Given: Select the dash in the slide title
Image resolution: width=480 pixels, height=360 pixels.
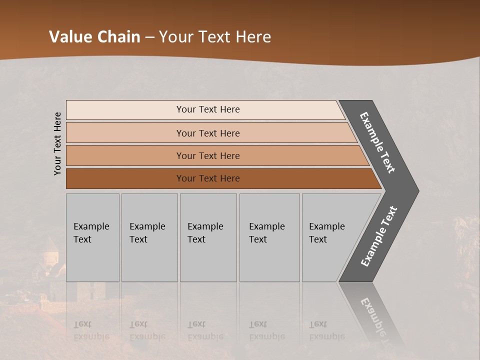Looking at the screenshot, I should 149,37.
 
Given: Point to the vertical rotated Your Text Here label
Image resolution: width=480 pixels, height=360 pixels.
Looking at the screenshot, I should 57,144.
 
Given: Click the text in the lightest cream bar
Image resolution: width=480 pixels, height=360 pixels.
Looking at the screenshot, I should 208,109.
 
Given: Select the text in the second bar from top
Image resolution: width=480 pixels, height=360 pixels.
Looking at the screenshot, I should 208,133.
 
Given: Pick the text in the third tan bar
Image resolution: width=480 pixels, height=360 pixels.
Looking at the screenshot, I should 208,155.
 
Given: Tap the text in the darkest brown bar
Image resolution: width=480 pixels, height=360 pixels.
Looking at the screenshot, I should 208,178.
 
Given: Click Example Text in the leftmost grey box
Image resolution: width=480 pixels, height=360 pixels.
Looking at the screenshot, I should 91,233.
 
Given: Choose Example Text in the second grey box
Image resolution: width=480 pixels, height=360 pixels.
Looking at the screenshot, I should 147,233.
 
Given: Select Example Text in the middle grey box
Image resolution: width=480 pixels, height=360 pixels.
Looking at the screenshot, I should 205,233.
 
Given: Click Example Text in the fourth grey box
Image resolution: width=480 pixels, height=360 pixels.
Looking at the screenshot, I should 266,233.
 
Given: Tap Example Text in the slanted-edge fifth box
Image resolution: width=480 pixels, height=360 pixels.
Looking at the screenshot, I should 326,233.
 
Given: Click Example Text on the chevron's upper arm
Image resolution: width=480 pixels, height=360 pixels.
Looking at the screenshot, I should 377,142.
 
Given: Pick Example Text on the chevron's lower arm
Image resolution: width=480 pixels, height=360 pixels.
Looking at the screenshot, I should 379,236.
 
